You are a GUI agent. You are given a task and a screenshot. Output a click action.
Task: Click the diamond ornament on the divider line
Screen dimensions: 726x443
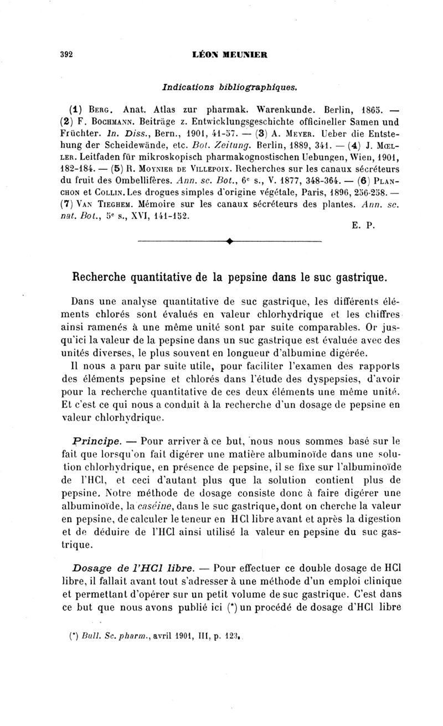click(x=229, y=242)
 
